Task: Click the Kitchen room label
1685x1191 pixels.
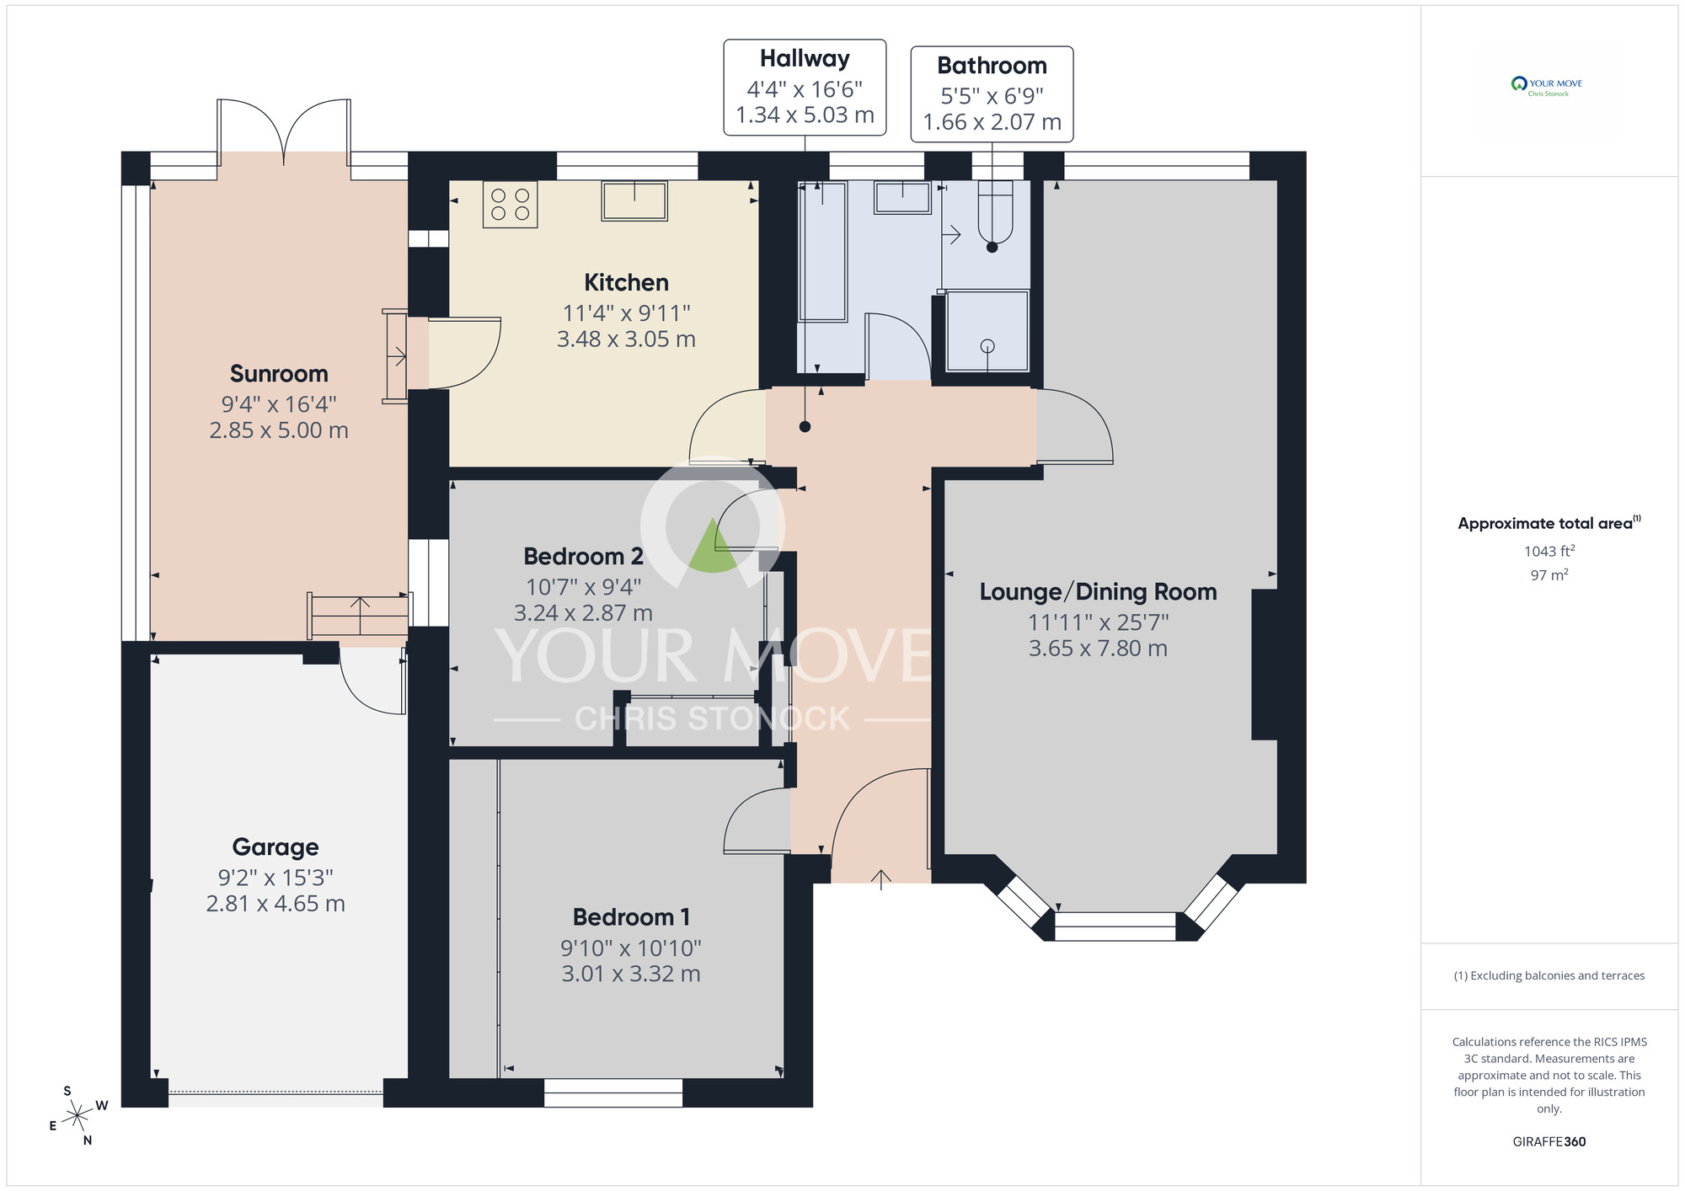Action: [x=626, y=282]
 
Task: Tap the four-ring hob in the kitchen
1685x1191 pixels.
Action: [x=510, y=205]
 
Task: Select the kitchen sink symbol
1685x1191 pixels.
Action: [x=634, y=201]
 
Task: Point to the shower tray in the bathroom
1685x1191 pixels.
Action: [x=987, y=331]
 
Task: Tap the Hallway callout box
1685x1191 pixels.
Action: [x=805, y=87]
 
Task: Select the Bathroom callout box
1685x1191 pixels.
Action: [x=992, y=93]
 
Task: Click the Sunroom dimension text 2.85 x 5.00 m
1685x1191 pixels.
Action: [x=279, y=430]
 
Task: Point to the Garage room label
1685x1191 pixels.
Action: [x=275, y=847]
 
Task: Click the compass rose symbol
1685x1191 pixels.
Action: [x=78, y=1116]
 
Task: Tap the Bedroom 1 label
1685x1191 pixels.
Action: [x=631, y=916]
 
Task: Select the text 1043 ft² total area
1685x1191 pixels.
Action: [x=1549, y=552]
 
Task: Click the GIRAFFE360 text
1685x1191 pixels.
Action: [x=1549, y=1142]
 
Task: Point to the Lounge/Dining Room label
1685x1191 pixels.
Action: [x=1098, y=592]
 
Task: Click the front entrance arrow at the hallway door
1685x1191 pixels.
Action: [x=880, y=879]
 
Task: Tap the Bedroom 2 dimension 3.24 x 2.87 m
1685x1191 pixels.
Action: [x=583, y=613]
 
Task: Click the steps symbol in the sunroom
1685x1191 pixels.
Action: [x=359, y=616]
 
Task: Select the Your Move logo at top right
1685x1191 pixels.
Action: [x=1547, y=87]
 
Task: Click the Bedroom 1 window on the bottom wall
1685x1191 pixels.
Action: [x=612, y=1093]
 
